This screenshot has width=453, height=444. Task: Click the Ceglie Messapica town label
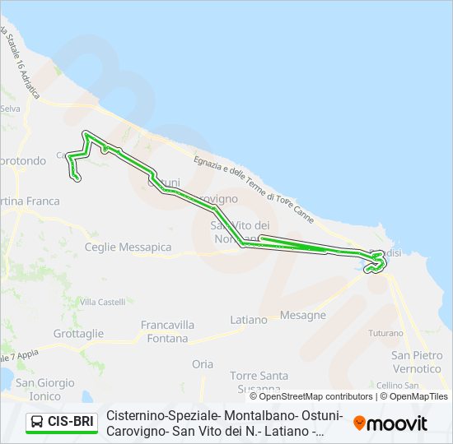coord(128,247)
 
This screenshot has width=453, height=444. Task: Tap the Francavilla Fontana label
coord(167,331)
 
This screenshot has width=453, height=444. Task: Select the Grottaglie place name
coord(78,334)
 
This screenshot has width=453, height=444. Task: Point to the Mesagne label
coord(304,315)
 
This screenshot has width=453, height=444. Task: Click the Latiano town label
coord(249,319)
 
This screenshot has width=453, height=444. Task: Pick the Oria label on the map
coord(202,364)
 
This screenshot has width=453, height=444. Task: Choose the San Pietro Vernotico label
coord(417,362)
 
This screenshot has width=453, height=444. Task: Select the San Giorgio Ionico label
coord(44,389)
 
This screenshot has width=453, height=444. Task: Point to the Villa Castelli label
coord(102,303)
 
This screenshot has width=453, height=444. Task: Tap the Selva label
coord(11,108)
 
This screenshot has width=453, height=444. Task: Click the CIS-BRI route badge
coord(70,423)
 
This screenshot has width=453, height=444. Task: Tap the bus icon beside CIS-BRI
coord(38,423)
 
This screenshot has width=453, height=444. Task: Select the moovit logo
coord(390,423)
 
